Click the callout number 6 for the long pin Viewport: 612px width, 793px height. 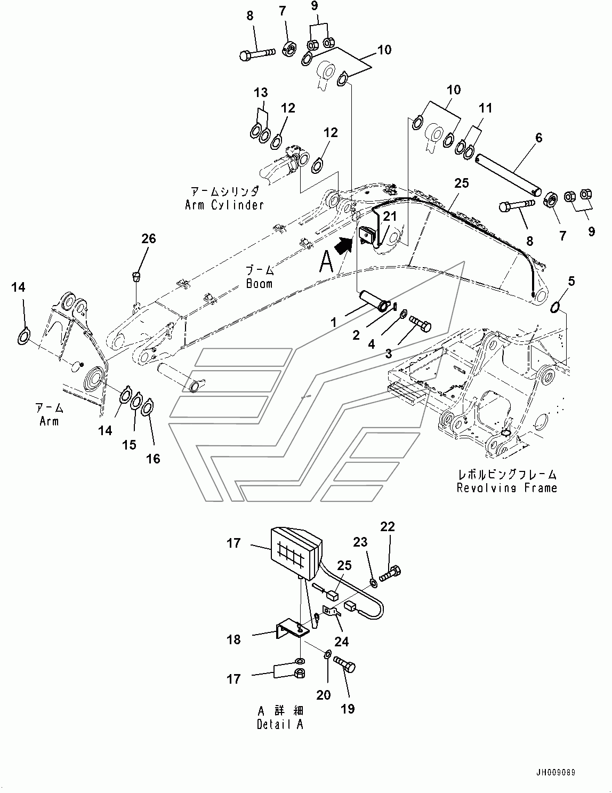click(539, 138)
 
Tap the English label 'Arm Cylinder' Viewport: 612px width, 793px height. click(224, 205)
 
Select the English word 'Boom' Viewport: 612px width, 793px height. click(259, 283)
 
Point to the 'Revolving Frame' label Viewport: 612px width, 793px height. click(506, 487)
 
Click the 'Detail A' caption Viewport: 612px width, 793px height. click(279, 725)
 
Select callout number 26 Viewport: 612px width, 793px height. click(149, 238)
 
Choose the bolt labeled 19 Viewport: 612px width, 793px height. click(345, 665)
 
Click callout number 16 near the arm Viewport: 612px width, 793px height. click(153, 459)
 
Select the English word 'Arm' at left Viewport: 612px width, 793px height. click(49, 421)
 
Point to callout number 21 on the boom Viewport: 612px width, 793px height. click(391, 216)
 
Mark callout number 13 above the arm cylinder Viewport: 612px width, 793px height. click(260, 93)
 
